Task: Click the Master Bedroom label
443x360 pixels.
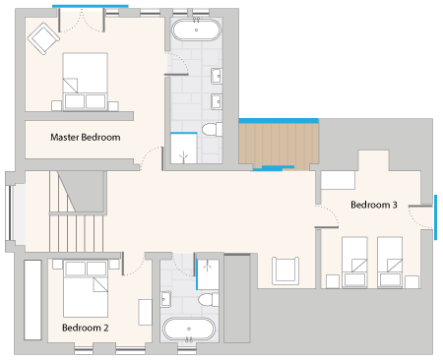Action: [x=86, y=137]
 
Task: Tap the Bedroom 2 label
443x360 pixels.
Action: [x=86, y=328]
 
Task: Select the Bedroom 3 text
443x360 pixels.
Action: [x=374, y=205]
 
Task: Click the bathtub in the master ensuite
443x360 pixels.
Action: [x=196, y=30]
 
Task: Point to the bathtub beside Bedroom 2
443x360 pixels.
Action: [x=189, y=330]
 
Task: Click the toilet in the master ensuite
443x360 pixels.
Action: [x=212, y=129]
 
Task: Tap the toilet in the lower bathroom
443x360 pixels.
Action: [x=209, y=300]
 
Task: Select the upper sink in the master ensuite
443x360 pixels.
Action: [x=217, y=77]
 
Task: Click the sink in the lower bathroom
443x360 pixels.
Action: [x=165, y=299]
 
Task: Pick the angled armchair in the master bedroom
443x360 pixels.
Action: [x=43, y=38]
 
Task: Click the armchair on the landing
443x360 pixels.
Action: [x=285, y=270]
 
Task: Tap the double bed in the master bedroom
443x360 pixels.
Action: [x=85, y=82]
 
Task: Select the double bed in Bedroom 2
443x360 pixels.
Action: [x=86, y=289]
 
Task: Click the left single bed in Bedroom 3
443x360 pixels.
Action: [x=354, y=263]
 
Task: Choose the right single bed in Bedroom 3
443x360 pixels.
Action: [x=390, y=263]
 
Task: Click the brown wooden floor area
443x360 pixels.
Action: [x=279, y=145]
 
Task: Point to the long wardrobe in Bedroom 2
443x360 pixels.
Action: [x=32, y=300]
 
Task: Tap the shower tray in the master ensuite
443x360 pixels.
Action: [x=184, y=149]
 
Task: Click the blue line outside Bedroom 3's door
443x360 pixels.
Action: [x=436, y=217]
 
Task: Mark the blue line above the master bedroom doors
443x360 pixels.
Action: [x=91, y=6]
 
